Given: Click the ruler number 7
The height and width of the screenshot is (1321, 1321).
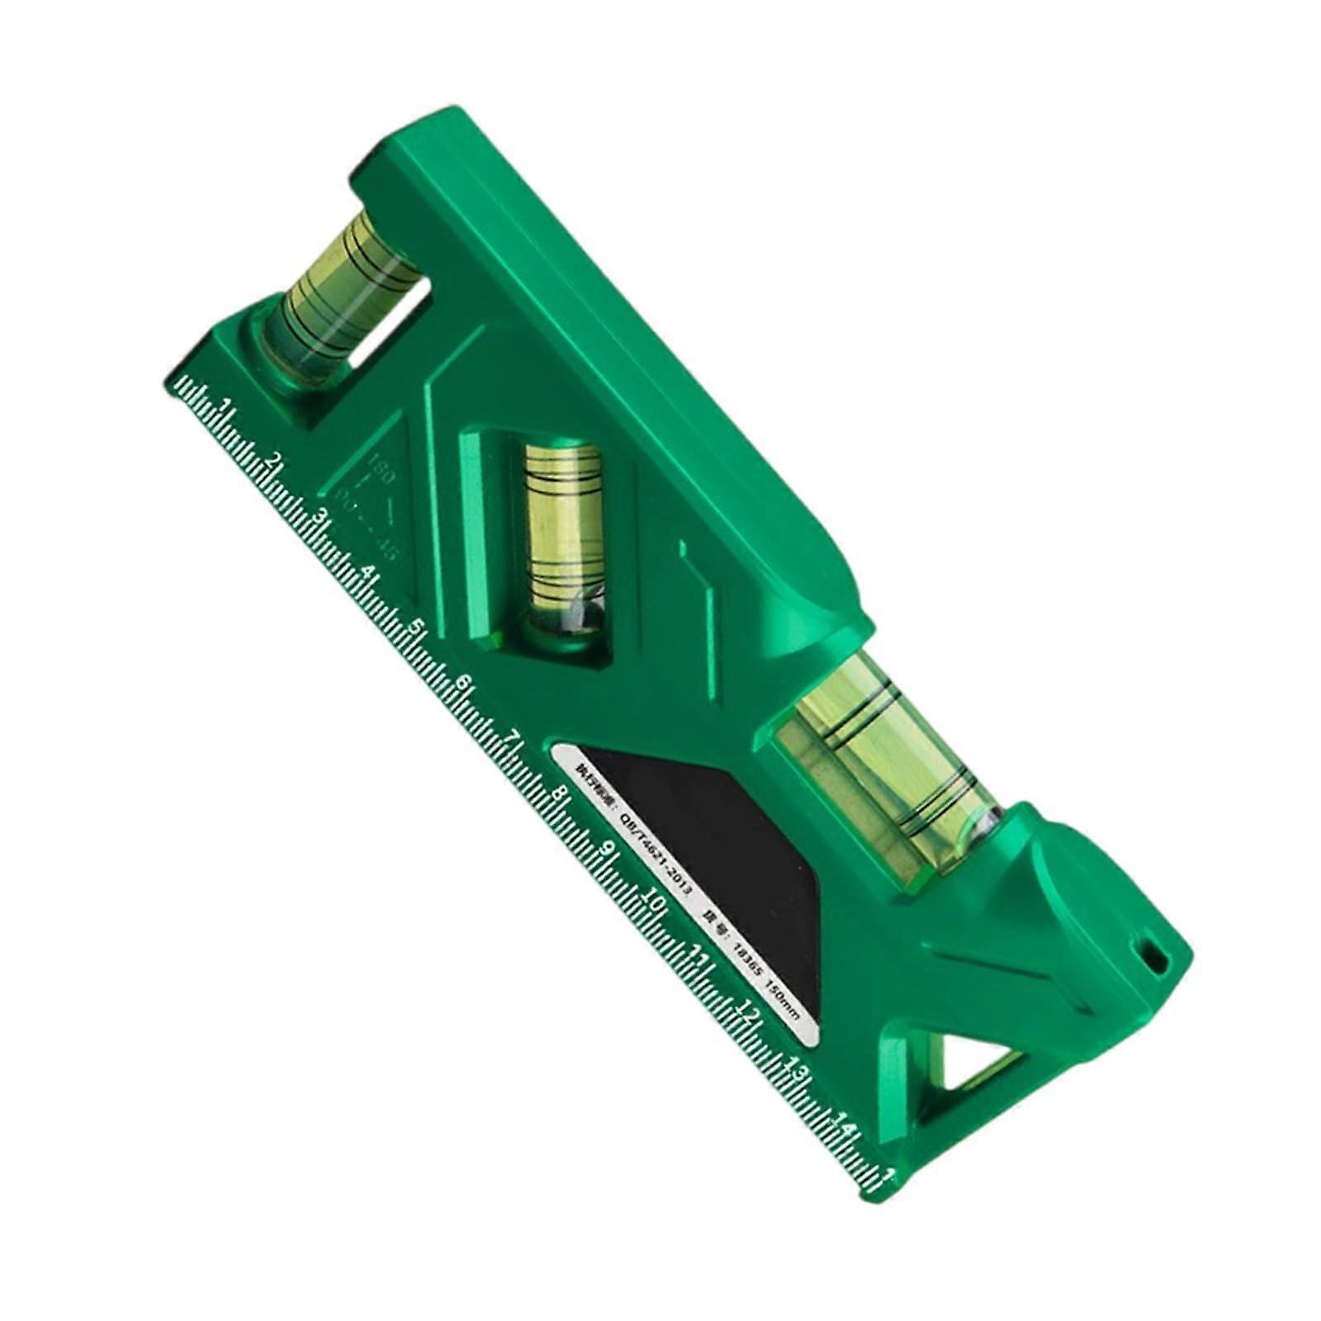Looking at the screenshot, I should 514,737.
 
